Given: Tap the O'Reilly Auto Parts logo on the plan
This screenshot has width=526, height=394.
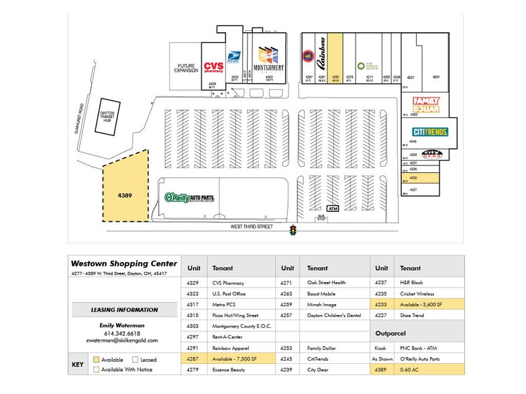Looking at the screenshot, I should (193, 198).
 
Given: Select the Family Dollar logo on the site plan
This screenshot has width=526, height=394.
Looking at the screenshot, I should (425, 106).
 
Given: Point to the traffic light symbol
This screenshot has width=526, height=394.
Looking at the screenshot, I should (293, 231).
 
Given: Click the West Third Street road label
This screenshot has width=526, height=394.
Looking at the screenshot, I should (252, 226).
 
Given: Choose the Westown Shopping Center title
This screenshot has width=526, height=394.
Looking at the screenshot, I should (125, 263).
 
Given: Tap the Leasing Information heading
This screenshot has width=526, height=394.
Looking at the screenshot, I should (124, 310).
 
